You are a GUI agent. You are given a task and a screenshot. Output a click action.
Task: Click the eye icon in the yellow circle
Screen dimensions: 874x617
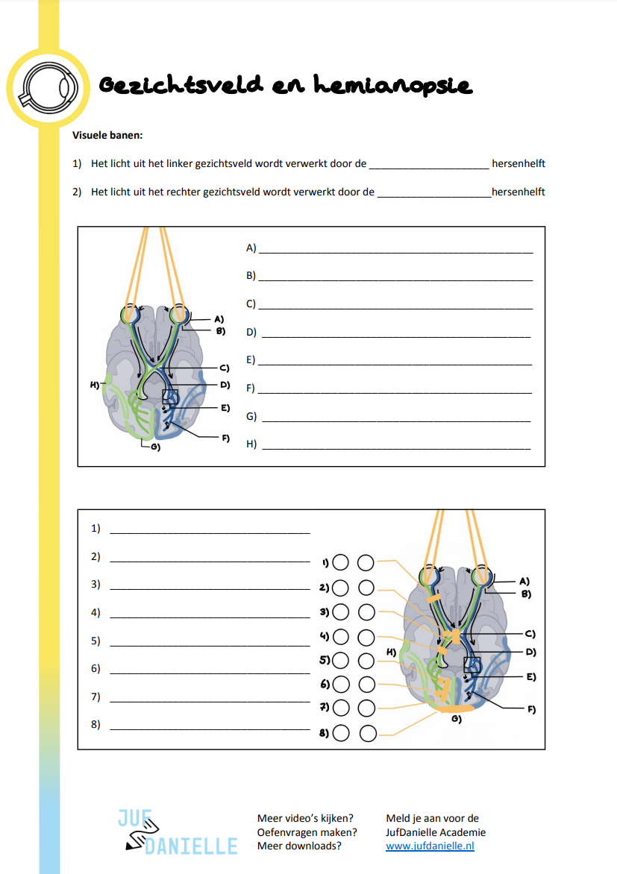(x=48, y=87)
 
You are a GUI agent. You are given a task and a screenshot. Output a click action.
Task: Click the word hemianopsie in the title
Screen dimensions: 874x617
(x=392, y=86)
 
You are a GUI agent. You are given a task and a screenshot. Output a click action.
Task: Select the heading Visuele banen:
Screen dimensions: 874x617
(x=107, y=135)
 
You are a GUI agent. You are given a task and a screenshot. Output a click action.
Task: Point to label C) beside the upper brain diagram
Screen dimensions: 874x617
(x=224, y=368)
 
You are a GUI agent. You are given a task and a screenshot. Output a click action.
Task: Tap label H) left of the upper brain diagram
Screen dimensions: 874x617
(x=95, y=384)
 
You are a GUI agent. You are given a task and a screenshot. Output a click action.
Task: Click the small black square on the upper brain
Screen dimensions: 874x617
(x=170, y=397)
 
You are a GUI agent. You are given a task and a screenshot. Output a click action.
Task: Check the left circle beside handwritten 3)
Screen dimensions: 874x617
(x=340, y=612)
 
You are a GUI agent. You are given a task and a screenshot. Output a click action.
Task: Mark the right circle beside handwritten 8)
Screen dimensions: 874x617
(x=366, y=733)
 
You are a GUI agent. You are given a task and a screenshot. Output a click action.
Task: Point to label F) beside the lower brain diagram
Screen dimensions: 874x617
(x=531, y=709)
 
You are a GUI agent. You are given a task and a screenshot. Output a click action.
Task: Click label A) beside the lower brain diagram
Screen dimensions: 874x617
(x=524, y=581)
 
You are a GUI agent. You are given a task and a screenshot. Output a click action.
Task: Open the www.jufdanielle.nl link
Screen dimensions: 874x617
(x=430, y=846)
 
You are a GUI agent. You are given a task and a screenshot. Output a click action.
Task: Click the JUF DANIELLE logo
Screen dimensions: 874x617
(x=178, y=831)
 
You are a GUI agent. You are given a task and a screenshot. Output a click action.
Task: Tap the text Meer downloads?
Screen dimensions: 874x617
(x=299, y=846)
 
